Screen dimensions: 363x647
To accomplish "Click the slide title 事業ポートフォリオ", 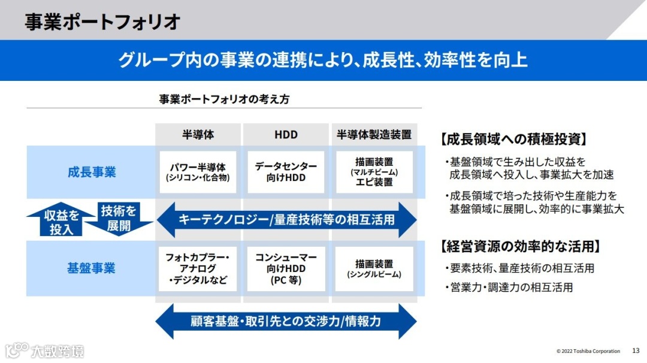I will click(x=102, y=22).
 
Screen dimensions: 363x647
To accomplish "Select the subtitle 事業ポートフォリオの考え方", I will click(x=224, y=99).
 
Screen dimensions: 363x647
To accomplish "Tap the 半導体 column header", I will click(x=198, y=134).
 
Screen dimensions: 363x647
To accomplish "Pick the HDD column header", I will click(x=286, y=134).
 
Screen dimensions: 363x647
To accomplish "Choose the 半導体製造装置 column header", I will click(x=374, y=134).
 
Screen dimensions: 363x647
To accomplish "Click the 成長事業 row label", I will click(x=92, y=173).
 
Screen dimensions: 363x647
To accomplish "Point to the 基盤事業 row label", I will click(x=92, y=268).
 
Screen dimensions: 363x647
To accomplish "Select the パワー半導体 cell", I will click(x=198, y=172).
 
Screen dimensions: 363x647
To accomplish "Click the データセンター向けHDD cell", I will click(x=286, y=172).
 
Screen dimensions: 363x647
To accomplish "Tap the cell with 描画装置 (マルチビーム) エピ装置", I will click(x=374, y=172).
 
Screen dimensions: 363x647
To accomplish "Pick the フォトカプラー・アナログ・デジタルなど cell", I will click(x=198, y=268).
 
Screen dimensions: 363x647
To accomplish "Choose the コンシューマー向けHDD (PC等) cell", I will click(x=286, y=268).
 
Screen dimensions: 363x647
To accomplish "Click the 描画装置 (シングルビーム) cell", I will click(x=374, y=268).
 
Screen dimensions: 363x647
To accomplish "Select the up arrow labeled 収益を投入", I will click(x=61, y=220).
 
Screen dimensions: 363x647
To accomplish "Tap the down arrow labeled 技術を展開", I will click(x=119, y=219).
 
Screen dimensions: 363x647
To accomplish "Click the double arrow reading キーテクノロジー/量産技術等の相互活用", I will click(x=286, y=219).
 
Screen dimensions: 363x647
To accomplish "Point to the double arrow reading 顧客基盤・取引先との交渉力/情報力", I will click(x=286, y=321).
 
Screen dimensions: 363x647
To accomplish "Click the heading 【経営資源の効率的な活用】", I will click(x=520, y=246).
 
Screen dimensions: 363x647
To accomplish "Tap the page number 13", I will click(x=636, y=350).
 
